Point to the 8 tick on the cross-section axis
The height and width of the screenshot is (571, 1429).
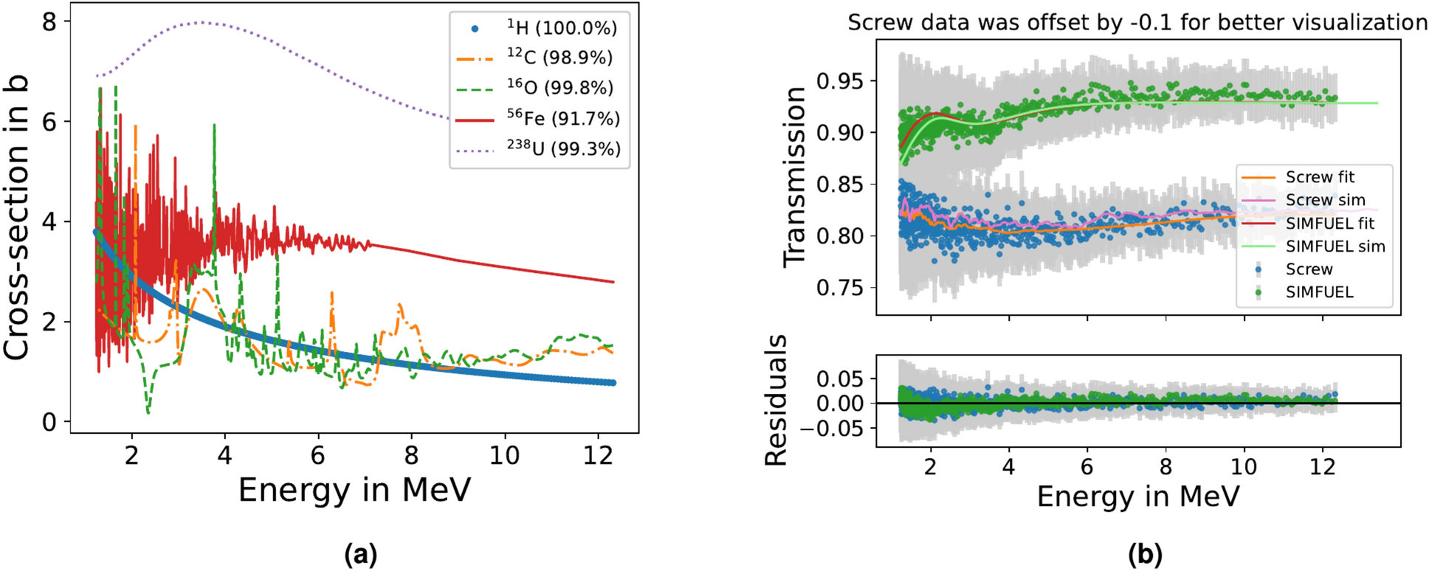(x=49, y=22)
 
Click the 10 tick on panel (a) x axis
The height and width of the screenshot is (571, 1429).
(x=504, y=456)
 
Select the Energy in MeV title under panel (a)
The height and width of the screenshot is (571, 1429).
(x=354, y=490)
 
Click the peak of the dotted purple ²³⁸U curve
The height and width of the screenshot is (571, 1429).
(x=201, y=22)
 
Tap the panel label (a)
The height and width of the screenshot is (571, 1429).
(x=361, y=553)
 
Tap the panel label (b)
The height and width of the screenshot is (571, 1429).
(x=1145, y=553)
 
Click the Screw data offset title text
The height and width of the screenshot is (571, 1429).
(x=1137, y=22)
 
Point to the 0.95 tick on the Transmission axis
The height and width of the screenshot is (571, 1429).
(x=839, y=80)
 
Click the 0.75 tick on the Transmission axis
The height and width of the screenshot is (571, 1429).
(x=839, y=288)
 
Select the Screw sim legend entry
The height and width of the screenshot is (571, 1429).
(x=1325, y=200)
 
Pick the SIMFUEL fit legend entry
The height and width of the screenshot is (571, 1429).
(x=1329, y=223)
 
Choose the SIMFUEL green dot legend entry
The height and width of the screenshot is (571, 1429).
(x=1319, y=292)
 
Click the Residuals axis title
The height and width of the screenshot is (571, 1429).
(x=776, y=400)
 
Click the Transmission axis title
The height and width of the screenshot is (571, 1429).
(x=795, y=177)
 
